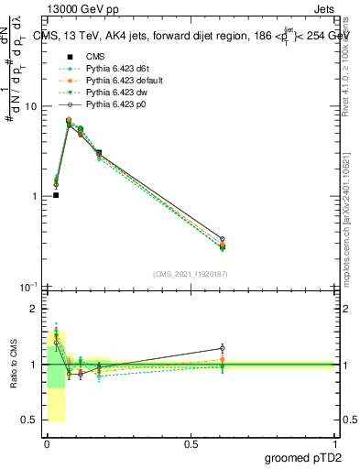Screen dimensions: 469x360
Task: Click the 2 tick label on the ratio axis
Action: pos(34,309)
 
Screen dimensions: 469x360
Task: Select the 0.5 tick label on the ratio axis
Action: pos(30,421)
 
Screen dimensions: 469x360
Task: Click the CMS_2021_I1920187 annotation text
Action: pos(191,273)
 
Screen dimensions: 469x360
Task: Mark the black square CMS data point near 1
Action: pos(56,195)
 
